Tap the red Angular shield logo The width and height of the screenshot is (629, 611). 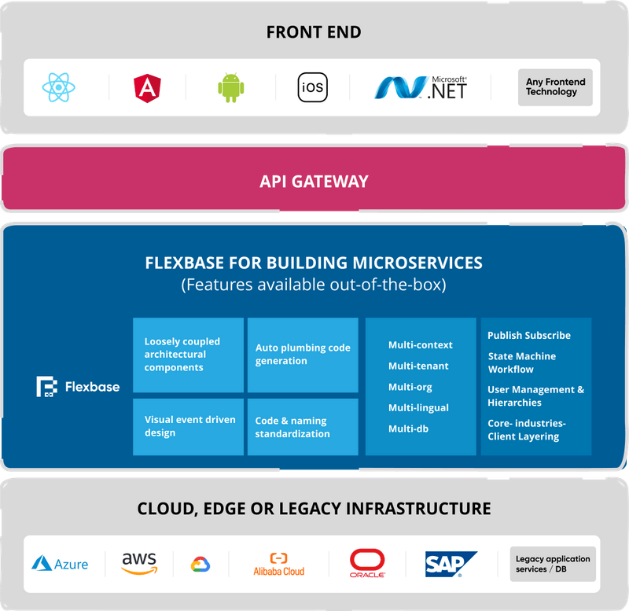[x=147, y=87]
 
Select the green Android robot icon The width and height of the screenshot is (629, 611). [x=230, y=87]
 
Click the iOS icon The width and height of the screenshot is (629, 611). [x=312, y=87]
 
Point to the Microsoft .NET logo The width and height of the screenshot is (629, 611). [x=421, y=87]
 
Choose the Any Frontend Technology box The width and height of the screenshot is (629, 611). [x=555, y=87]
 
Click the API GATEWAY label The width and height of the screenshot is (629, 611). [x=314, y=182]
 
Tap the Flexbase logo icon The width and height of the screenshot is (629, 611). [x=47, y=387]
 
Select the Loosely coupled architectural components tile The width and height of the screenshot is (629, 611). [x=188, y=355]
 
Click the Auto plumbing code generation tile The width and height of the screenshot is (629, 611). [x=303, y=355]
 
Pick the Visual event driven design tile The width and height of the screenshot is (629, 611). [x=188, y=426]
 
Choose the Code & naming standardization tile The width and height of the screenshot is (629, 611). [x=303, y=426]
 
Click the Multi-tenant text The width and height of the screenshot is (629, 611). [x=418, y=366]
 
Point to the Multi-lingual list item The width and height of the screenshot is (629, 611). [x=418, y=407]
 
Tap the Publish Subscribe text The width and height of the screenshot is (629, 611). [x=529, y=335]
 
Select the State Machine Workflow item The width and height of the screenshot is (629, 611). [x=521, y=363]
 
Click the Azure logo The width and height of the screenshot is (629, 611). [x=60, y=564]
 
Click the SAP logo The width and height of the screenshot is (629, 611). [x=450, y=564]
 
